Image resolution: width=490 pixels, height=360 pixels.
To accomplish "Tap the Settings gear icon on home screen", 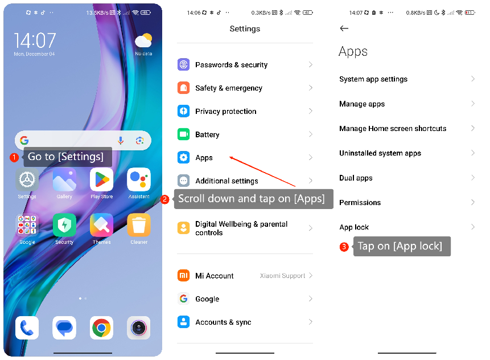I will [x=27, y=180].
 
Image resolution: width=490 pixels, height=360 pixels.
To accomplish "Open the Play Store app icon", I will [x=101, y=180].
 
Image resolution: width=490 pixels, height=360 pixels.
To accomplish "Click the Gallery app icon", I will [x=64, y=180].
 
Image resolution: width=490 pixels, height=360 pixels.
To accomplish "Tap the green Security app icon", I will [x=64, y=225].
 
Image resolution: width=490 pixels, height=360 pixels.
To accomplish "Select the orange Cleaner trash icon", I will [x=139, y=225].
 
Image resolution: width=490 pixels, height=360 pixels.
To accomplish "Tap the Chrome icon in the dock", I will [x=101, y=328].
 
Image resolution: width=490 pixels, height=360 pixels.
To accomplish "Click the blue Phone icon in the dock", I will [x=27, y=328].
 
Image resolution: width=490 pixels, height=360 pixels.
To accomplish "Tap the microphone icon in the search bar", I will [x=121, y=141].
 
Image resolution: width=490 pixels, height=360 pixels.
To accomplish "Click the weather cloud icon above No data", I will [x=143, y=41].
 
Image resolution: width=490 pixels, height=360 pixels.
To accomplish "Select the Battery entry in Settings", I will [x=207, y=134].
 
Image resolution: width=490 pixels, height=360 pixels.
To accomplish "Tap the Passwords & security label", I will [x=231, y=65].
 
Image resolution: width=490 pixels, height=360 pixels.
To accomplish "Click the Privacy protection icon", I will [x=183, y=111].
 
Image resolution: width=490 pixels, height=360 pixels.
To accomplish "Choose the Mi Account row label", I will [x=215, y=276].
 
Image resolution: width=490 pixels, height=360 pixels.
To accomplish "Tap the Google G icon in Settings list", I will [x=183, y=299].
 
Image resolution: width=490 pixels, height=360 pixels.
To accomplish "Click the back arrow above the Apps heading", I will [x=344, y=28].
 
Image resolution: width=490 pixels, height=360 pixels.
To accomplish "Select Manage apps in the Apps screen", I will [x=362, y=104].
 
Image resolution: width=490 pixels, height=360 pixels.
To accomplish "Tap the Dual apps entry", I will [x=356, y=178].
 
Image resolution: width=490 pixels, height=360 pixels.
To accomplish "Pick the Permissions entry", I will [x=360, y=203].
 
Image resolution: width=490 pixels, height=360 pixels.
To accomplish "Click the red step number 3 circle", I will [x=344, y=247].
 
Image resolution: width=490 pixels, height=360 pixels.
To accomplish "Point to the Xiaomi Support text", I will [x=283, y=276].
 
